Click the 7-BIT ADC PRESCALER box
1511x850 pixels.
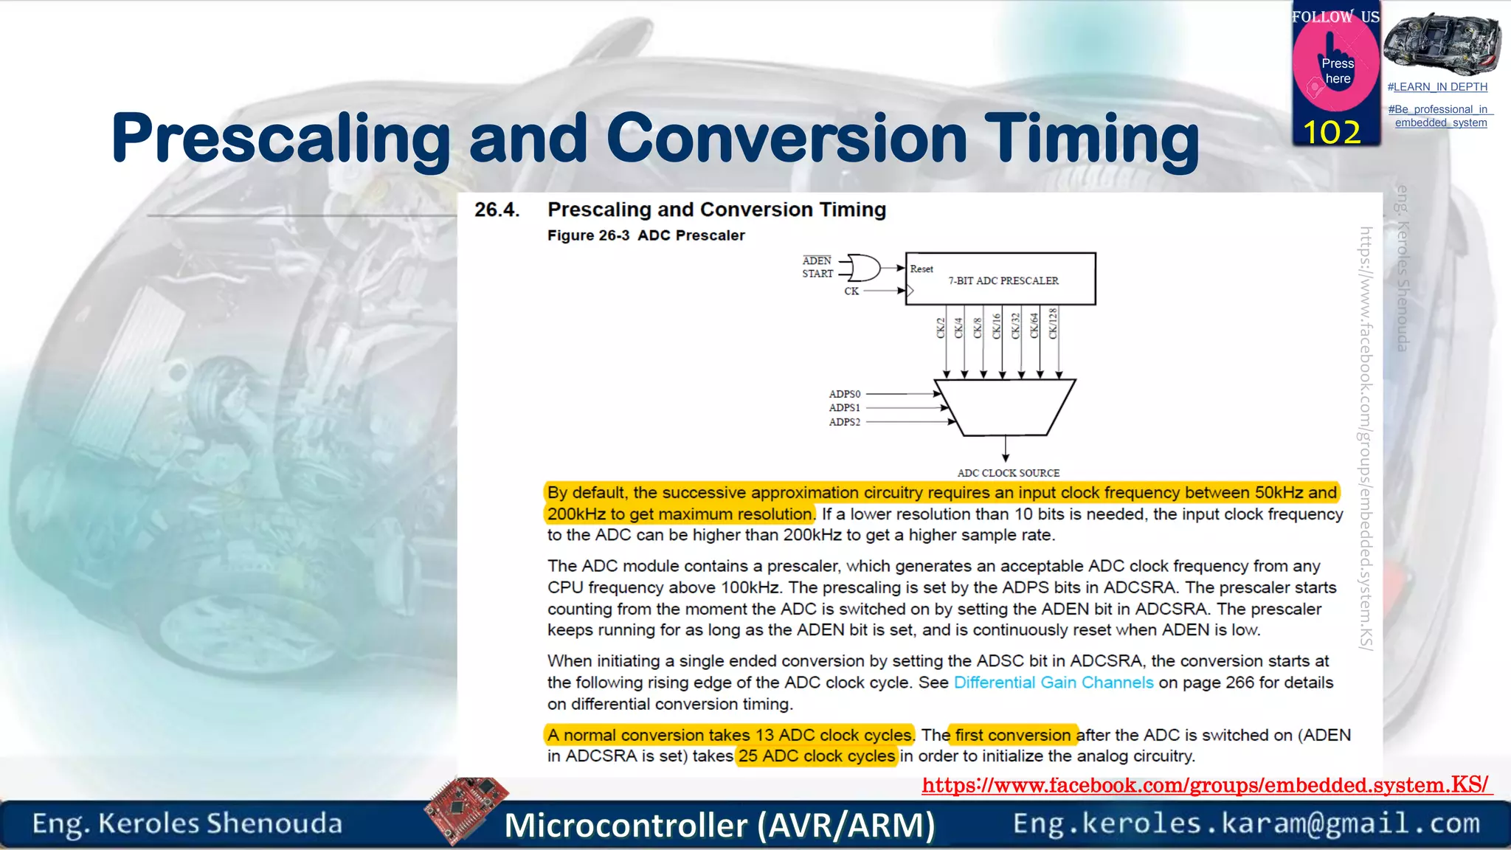pos(1000,280)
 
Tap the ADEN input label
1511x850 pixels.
pos(817,260)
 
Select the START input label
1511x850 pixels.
pos(817,274)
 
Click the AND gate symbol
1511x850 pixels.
pos(864,267)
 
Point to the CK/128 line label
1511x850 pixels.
pos(1053,323)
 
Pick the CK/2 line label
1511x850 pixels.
pos(941,328)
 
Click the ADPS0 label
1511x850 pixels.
pos(844,394)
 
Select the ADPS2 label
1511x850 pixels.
pos(844,422)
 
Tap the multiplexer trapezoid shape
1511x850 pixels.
pos(1005,407)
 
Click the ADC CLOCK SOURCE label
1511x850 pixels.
pos(1008,473)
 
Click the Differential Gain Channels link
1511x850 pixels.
pos(1053,683)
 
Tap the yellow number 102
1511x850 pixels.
pos(1332,133)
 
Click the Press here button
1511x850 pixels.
pos(1337,71)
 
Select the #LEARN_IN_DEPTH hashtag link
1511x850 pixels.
pos(1436,87)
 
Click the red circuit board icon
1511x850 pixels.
pos(466,809)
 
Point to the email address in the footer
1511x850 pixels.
pos(1246,823)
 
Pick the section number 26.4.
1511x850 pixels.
pos(497,210)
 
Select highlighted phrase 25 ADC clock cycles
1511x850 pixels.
pos(816,756)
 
